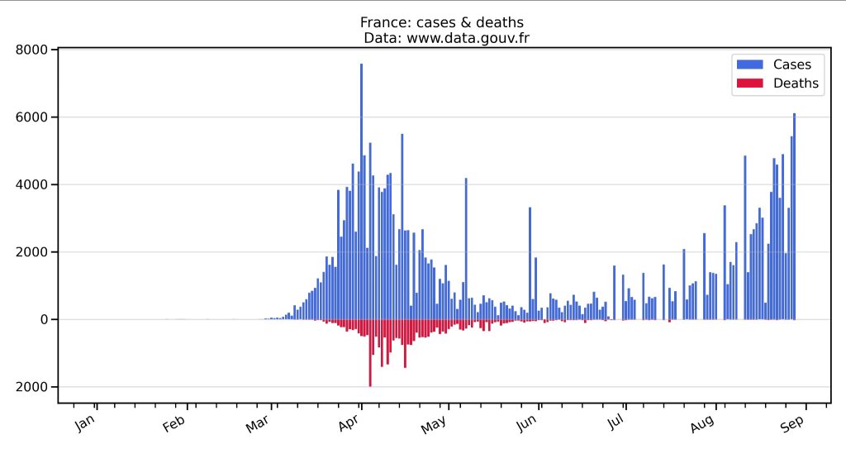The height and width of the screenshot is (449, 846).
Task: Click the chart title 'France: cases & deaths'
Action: tap(442, 22)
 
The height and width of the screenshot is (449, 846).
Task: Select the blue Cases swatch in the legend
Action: tap(747, 64)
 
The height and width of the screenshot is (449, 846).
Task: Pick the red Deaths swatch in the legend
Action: tap(747, 83)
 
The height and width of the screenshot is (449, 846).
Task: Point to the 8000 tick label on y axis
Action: tap(32, 50)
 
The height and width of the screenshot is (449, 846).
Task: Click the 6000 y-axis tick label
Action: tap(32, 117)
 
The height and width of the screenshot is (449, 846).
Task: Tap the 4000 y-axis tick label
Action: tap(32, 184)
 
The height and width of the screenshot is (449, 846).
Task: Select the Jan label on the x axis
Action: tap(86, 424)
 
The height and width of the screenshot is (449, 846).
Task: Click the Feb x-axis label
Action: tap(174, 424)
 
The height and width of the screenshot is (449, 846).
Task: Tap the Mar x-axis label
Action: tap(259, 424)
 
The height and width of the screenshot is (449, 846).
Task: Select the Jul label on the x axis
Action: tap(615, 424)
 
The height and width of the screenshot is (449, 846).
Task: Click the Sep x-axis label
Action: tap(791, 424)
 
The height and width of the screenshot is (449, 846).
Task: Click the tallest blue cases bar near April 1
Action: tap(361, 190)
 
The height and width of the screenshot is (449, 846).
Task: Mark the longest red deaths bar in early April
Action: tap(370, 353)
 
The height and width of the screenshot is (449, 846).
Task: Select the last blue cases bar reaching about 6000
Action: tap(794, 215)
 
